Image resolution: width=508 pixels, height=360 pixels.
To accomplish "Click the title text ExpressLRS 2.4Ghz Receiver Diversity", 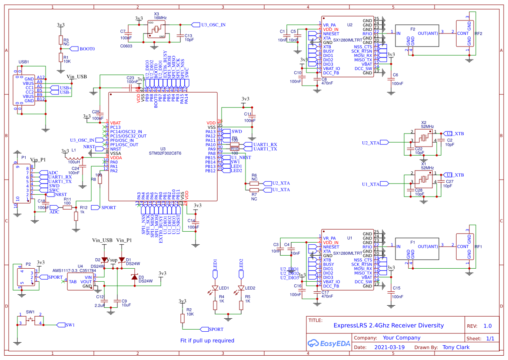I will pyautogui.click(x=388, y=325).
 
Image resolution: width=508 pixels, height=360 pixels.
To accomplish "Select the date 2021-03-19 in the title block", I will pyautogui.click(x=389, y=347).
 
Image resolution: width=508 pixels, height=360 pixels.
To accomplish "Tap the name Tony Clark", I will pyautogui.click(x=456, y=347).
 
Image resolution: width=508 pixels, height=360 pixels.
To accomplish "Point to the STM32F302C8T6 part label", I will pyautogui.click(x=165, y=153).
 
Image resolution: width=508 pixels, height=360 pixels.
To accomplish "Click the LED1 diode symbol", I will pyautogui.click(x=215, y=288).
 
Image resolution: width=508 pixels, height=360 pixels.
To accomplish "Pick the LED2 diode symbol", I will pyautogui.click(x=241, y=288).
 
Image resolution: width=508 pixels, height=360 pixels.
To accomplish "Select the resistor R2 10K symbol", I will pyautogui.click(x=183, y=318).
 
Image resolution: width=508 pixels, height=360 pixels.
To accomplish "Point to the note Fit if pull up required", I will pyautogui.click(x=207, y=340).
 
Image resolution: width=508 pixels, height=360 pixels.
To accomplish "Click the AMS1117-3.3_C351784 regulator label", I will pyautogui.click(x=74, y=270).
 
